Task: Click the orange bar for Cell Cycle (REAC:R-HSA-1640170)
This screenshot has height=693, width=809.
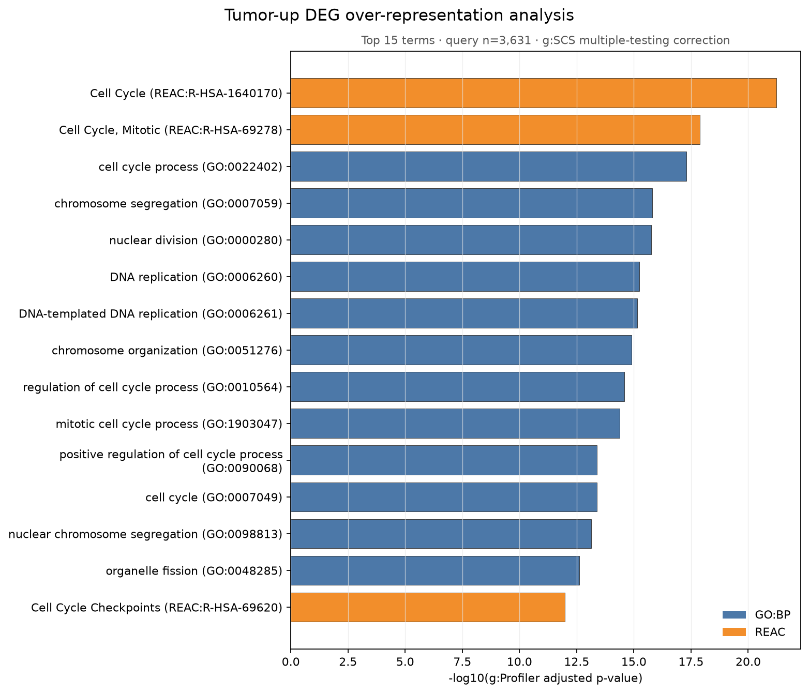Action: click(533, 93)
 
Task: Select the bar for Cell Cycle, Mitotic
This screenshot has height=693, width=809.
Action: click(495, 130)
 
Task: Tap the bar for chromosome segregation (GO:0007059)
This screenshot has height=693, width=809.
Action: click(472, 203)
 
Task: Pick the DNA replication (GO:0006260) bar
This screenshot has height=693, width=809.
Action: click(465, 277)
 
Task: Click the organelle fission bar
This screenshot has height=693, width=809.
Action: click(435, 570)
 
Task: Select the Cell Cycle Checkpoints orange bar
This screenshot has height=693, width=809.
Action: click(428, 607)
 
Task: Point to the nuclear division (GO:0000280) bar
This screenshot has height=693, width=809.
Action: click(471, 240)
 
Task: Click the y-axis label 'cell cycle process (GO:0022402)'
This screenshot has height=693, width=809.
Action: click(190, 167)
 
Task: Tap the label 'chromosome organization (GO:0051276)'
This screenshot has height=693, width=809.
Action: click(167, 351)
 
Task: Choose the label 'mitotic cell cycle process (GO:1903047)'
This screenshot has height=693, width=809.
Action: click(169, 424)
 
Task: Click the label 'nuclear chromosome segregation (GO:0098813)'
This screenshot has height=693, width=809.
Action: click(145, 534)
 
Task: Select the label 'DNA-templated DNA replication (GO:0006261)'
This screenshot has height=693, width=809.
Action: click(151, 314)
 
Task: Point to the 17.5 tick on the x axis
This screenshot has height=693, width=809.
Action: click(691, 661)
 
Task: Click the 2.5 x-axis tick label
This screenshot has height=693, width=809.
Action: click(348, 661)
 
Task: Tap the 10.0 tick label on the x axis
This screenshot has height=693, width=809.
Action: click(519, 661)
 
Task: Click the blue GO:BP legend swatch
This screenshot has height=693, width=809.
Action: click(734, 614)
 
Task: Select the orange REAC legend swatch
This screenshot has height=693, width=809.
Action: click(734, 632)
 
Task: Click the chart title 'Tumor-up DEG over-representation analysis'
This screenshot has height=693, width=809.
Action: click(399, 16)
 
